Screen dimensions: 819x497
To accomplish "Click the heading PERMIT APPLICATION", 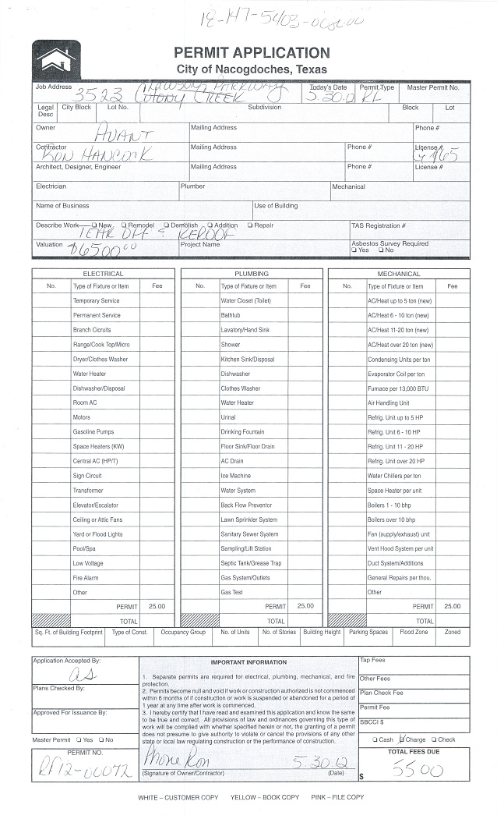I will [x=252, y=53].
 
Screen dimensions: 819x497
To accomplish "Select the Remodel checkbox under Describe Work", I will [x=125, y=225].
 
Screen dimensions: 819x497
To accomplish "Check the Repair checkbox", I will [x=250, y=225].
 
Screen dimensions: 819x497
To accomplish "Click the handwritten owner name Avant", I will [x=124, y=134].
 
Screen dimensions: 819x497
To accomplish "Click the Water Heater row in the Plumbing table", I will [x=237, y=403].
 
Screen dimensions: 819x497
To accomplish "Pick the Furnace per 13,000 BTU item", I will [x=398, y=388].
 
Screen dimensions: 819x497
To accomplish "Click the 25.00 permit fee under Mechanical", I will [x=452, y=606].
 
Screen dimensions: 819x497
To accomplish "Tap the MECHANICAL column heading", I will [x=398, y=274].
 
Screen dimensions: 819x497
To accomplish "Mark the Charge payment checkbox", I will [x=402, y=739].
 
